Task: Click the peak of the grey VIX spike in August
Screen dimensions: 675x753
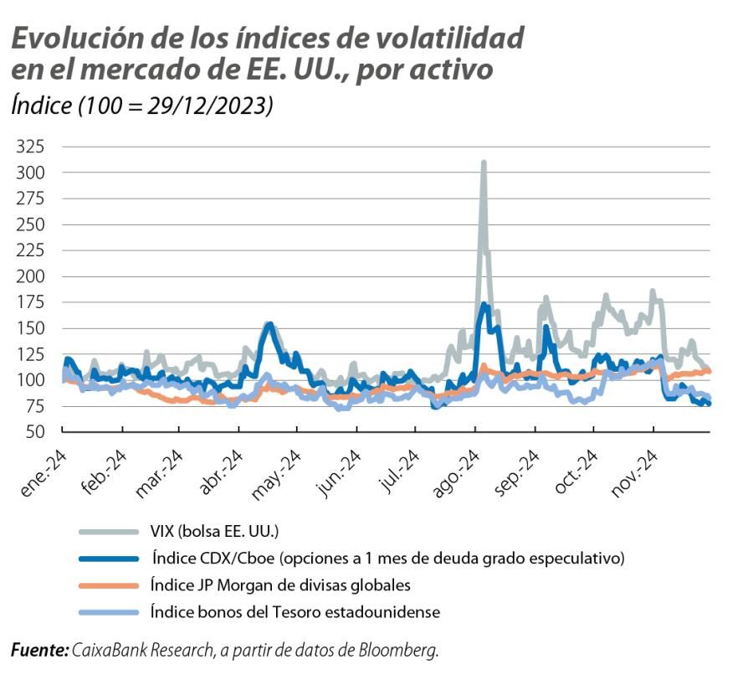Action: click(484, 163)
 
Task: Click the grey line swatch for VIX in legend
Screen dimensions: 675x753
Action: click(108, 532)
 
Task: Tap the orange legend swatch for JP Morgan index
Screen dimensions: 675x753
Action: click(108, 585)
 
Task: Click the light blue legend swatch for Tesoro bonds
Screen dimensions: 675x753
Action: click(108, 612)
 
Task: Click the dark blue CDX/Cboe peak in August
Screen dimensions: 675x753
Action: click(484, 305)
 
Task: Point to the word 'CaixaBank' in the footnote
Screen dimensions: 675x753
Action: click(105, 650)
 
